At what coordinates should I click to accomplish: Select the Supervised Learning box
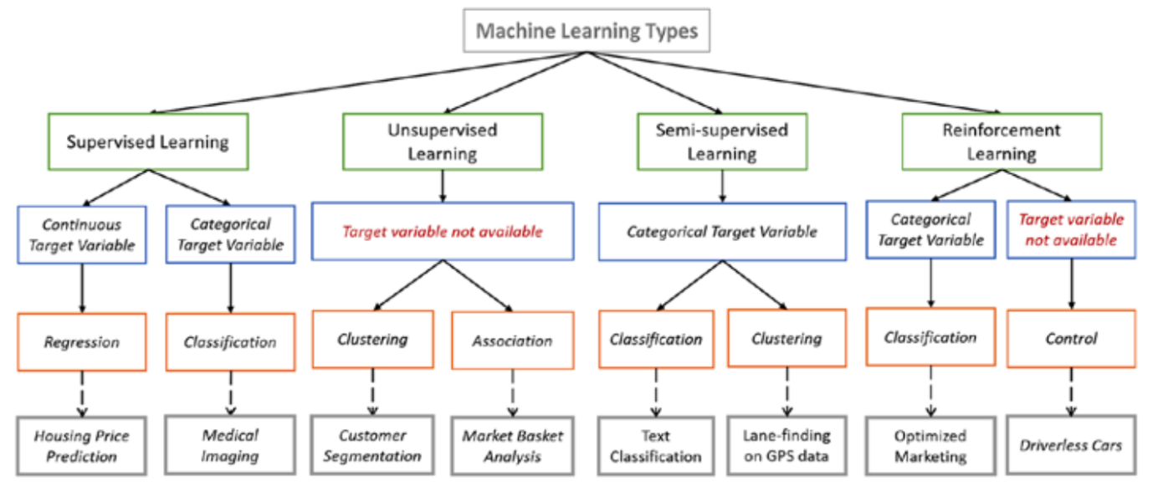click(148, 141)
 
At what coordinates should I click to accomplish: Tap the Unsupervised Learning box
click(442, 141)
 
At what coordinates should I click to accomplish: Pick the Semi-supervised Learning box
click(723, 141)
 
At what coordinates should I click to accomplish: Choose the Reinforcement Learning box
click(1001, 141)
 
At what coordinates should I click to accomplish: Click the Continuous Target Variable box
click(82, 235)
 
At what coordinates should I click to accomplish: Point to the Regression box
click(82, 341)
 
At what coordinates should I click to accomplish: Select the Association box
click(512, 341)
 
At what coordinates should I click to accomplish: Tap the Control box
click(1071, 339)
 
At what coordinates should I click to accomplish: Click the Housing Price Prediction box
click(82, 446)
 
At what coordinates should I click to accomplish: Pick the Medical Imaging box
click(230, 446)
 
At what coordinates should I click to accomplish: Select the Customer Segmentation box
click(373, 446)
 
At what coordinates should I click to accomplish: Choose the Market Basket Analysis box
click(513, 446)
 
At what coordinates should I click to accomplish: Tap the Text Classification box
click(655, 446)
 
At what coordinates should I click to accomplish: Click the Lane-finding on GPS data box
click(786, 446)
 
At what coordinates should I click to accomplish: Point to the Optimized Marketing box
click(930, 446)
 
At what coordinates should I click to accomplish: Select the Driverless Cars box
click(1071, 444)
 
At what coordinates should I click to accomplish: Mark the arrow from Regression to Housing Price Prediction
click(82, 393)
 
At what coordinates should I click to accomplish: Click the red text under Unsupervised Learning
click(442, 231)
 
